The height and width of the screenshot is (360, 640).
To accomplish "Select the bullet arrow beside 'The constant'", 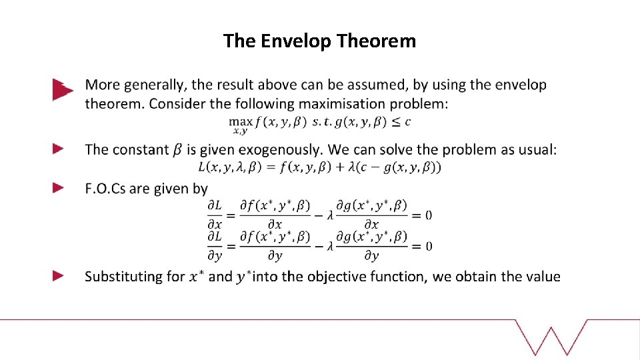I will pos(59,149).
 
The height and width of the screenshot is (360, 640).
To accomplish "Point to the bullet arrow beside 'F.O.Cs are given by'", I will pos(59,188).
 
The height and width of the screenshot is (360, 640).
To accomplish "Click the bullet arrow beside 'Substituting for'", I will pos(59,275).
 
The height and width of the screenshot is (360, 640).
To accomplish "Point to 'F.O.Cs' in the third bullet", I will pos(105,189).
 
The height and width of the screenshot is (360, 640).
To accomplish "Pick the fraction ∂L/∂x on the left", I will pos(215,215).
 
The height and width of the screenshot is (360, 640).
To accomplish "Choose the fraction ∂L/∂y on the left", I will pos(215,246).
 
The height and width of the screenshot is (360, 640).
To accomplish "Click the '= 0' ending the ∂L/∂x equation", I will pos(422,215).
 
